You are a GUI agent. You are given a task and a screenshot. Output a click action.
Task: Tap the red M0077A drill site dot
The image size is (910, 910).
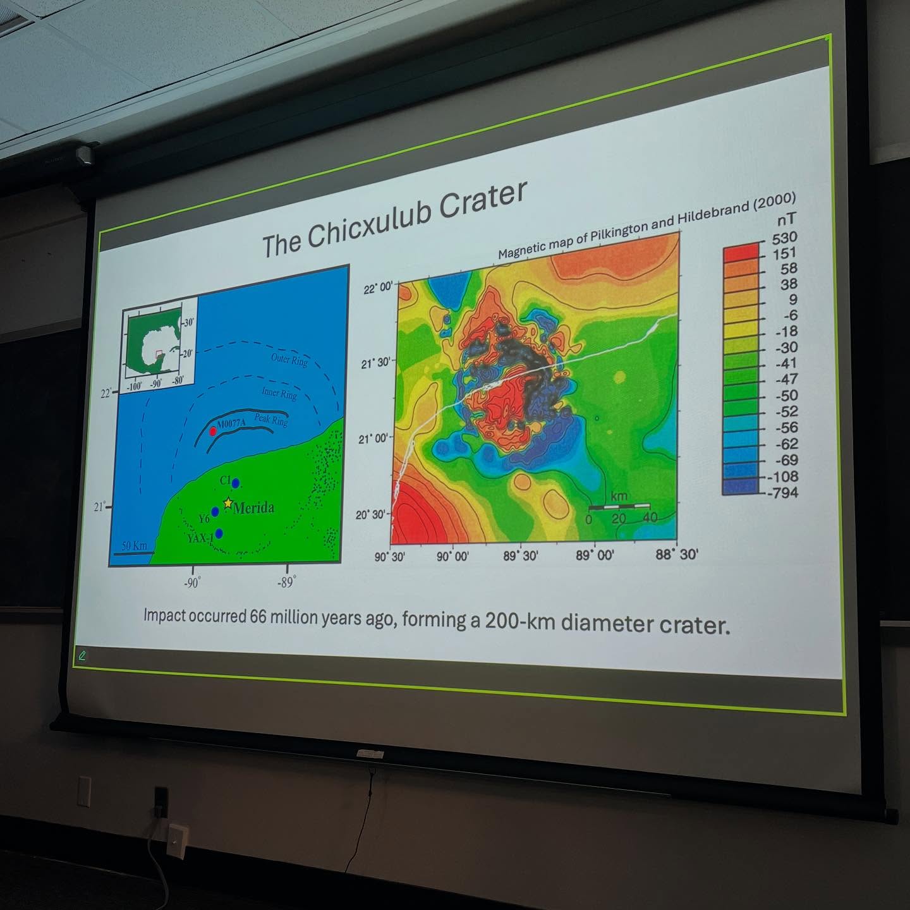point(213,431)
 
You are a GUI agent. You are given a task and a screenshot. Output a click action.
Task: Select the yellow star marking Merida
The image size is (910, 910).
point(227,504)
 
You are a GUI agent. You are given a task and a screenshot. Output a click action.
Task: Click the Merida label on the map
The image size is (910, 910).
point(253,508)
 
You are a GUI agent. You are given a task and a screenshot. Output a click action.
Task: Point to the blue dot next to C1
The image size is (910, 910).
point(236,483)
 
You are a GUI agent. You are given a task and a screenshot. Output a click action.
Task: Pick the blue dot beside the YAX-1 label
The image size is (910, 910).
point(219,533)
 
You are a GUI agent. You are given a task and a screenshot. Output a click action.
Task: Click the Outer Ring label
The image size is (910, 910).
point(289,360)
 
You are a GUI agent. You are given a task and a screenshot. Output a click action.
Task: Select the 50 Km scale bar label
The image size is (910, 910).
point(134,545)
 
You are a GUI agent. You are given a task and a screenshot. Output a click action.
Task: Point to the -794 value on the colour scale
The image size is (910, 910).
point(783,492)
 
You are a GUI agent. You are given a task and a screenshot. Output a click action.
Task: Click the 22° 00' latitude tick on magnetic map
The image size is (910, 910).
point(379,288)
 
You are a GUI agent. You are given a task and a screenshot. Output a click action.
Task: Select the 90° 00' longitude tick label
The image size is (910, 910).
point(452,557)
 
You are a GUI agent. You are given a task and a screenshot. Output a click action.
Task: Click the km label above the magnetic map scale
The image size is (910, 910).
point(619,495)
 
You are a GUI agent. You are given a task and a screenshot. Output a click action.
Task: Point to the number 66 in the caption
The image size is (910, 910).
point(258,616)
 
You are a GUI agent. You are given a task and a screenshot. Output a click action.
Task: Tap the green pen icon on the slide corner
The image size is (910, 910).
point(82,655)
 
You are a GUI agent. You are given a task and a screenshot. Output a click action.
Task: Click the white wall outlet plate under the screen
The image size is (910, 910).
point(178,839)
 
